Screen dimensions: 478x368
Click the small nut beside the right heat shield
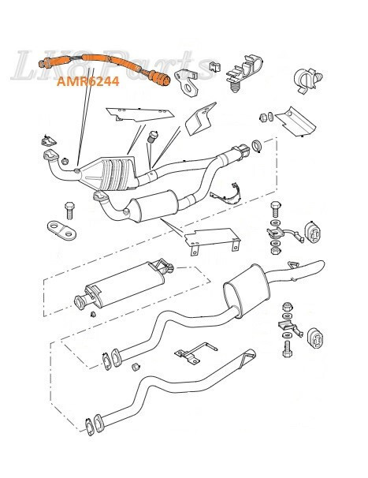[x=263, y=118]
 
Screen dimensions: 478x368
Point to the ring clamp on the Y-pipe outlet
[x=256, y=148]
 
